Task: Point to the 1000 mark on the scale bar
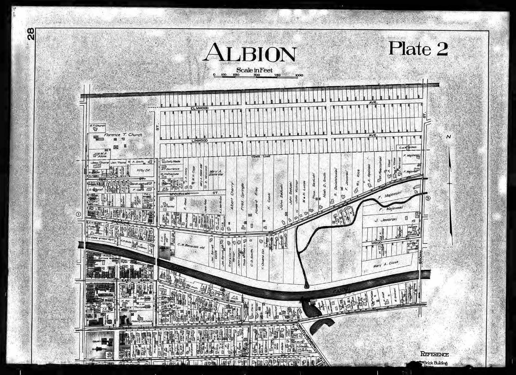tap(299, 75)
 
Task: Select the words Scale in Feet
tap(254, 70)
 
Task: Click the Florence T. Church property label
tap(123, 135)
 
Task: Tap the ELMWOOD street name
tap(200, 108)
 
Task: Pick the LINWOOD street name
tap(199, 140)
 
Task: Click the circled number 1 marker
tap(78, 214)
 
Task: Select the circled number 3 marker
tap(428, 198)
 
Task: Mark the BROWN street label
tap(420, 257)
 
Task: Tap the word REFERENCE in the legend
tap(434, 354)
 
